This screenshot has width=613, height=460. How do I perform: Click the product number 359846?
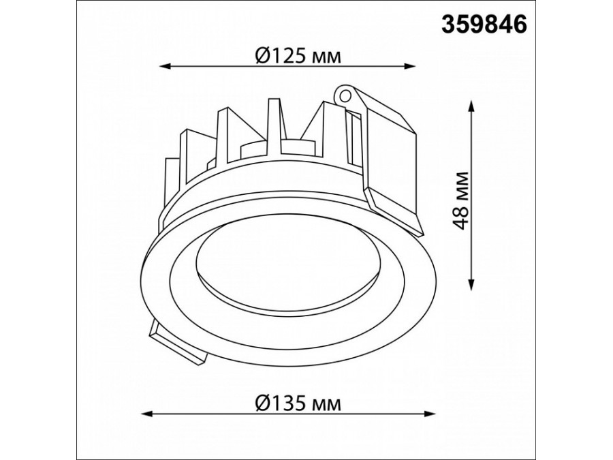pyautogui.click(x=485, y=25)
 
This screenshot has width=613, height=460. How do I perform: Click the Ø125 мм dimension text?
pyautogui.click(x=298, y=55)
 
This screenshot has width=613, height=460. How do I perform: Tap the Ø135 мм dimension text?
pyautogui.click(x=298, y=403)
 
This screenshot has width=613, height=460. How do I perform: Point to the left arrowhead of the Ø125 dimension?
pyautogui.click(x=163, y=67)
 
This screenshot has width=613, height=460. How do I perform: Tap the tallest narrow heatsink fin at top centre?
pyautogui.click(x=274, y=129)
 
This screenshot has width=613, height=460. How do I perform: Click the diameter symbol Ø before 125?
pyautogui.click(x=264, y=55)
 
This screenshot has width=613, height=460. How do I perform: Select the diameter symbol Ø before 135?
pyautogui.click(x=264, y=403)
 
